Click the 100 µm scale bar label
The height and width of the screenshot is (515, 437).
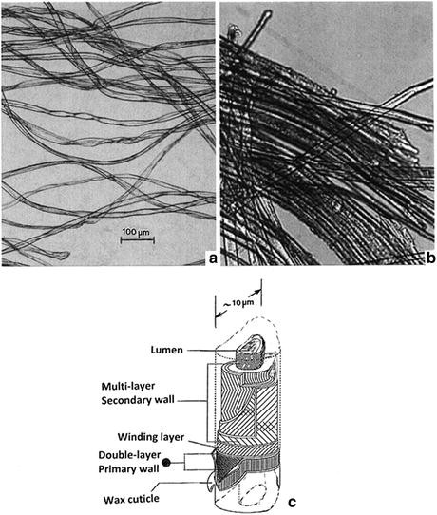pos(136,232)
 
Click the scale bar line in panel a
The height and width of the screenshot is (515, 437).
pos(137,240)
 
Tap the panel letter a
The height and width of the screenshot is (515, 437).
pos(213,258)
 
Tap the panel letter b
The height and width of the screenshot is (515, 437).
pos(430,258)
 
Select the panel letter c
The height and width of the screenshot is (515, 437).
pos(292,502)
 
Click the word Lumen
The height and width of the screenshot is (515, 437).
pos(166,350)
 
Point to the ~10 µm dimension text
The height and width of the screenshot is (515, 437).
pos(238,303)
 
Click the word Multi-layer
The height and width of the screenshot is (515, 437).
pos(127,386)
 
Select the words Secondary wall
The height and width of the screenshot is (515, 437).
pos(138,400)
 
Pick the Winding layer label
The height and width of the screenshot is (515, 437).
pos(151,437)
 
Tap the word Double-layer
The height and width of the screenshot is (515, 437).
pos(129,455)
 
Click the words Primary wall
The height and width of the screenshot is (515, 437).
pos(128,469)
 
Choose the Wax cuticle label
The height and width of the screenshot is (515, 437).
pos(131,500)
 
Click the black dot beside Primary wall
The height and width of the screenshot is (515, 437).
pos(166,463)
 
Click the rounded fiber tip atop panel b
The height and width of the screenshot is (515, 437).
pos(268,14)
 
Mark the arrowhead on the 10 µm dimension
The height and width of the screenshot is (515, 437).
pos(258,291)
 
